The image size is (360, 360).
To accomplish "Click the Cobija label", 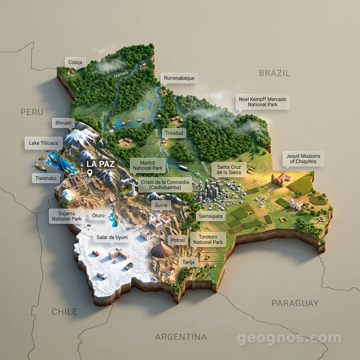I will [x=75, y=63].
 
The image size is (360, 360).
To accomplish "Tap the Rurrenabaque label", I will [x=179, y=78].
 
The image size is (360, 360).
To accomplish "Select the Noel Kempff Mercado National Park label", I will [x=262, y=102].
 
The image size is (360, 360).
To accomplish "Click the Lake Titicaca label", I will [x=44, y=143].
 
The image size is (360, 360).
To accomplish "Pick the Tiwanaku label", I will [x=46, y=178].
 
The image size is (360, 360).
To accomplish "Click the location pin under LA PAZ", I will [x=90, y=173].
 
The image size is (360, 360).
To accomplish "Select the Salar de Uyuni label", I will [x=112, y=237].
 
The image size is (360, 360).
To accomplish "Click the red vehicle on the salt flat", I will [x=96, y=253].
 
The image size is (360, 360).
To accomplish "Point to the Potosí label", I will [x=178, y=240].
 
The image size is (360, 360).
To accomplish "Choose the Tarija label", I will [x=188, y=262].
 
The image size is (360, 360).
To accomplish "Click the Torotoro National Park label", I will [x=208, y=239].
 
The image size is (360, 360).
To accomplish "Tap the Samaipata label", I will [x=211, y=216].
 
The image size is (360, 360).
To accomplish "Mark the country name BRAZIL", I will [x=274, y=73].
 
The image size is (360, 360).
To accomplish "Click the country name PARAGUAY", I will [x=295, y=303].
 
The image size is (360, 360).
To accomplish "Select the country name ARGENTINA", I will [x=181, y=337].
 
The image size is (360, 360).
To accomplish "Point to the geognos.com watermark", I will [x=289, y=338].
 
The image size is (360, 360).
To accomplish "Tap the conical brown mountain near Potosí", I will [x=162, y=250].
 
